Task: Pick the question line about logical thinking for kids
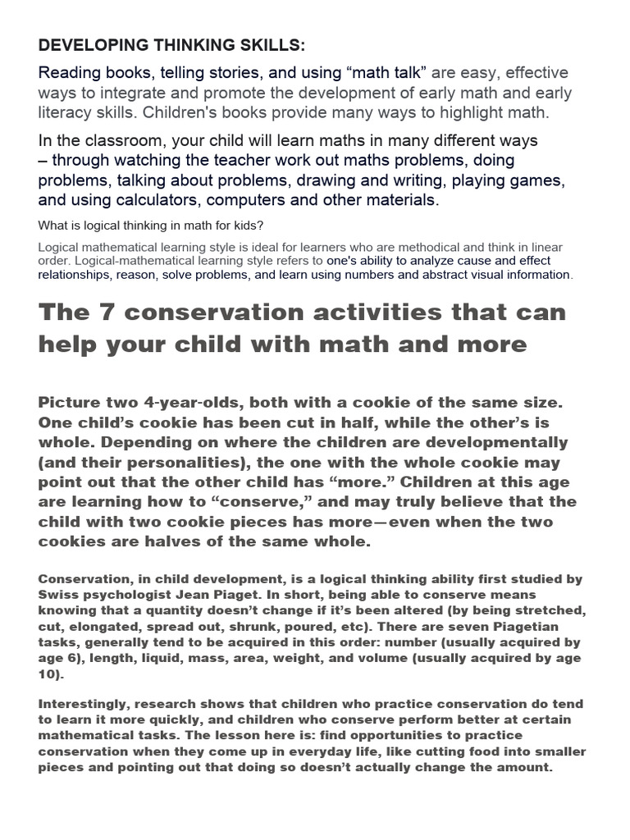tap(151, 226)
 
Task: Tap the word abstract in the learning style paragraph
tap(431, 275)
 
